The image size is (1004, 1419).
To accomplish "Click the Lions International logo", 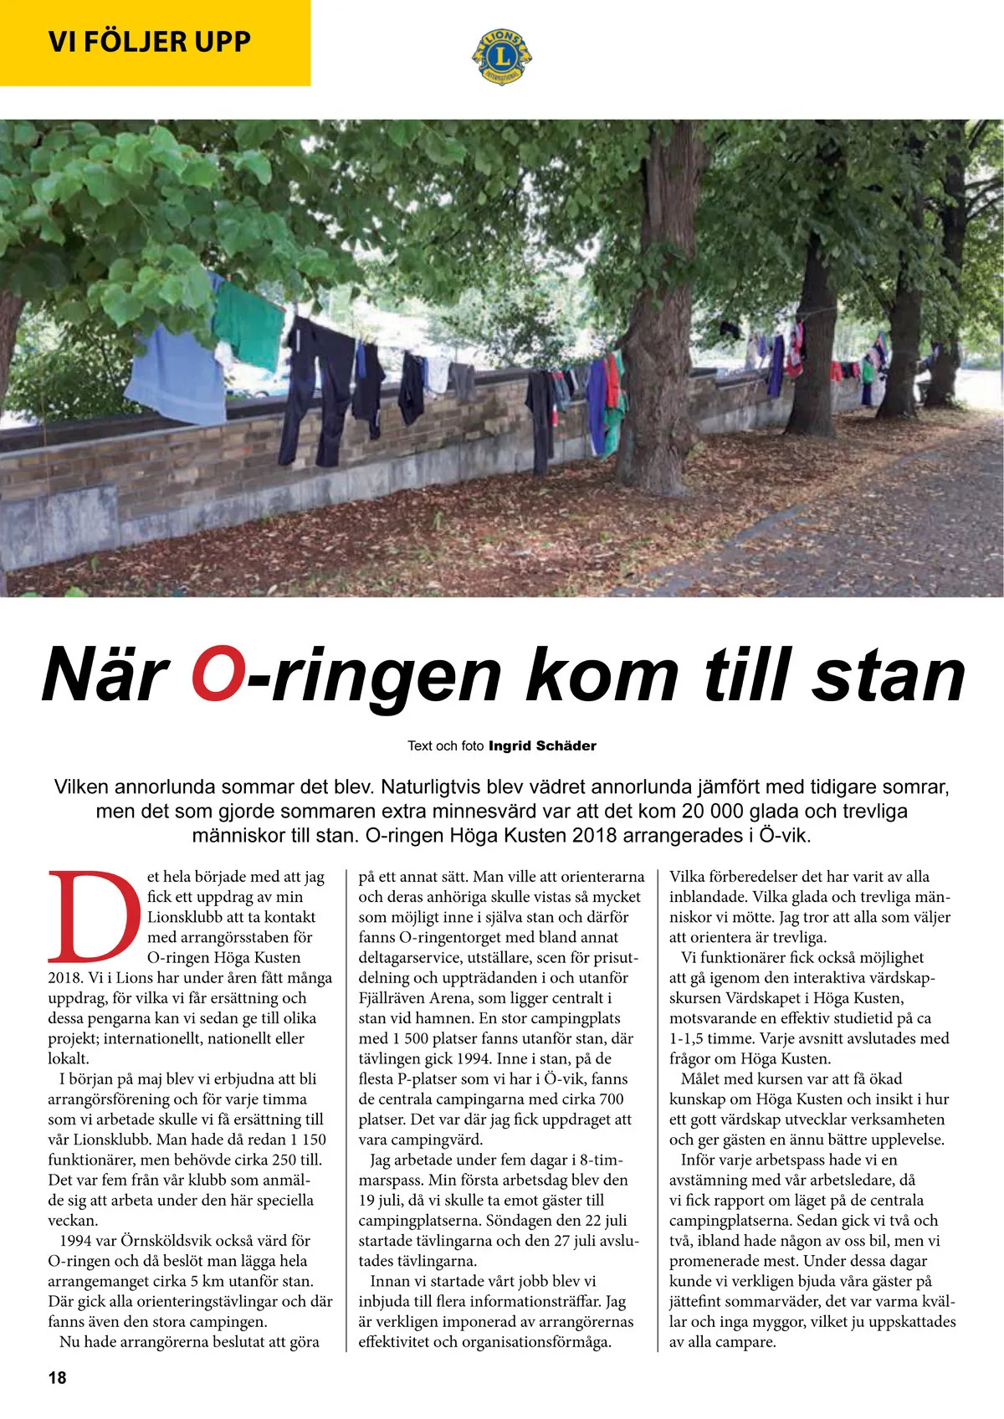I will (x=502, y=56).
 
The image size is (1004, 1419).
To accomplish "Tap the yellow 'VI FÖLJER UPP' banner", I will (x=155, y=42).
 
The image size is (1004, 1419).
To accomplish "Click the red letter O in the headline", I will (x=218, y=674).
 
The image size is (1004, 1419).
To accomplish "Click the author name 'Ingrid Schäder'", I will (x=542, y=745).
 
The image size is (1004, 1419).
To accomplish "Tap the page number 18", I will (x=57, y=1376).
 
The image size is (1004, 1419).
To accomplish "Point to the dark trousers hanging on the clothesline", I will (x=316, y=393).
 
